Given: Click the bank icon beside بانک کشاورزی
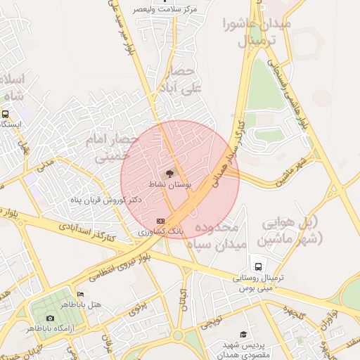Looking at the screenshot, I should point(161,221).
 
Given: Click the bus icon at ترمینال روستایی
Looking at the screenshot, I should point(259,266).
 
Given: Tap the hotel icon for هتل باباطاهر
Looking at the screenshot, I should point(79,294).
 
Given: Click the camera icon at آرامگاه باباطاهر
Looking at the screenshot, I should point(49,319).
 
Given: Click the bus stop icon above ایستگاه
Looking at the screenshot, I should point(6,114).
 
